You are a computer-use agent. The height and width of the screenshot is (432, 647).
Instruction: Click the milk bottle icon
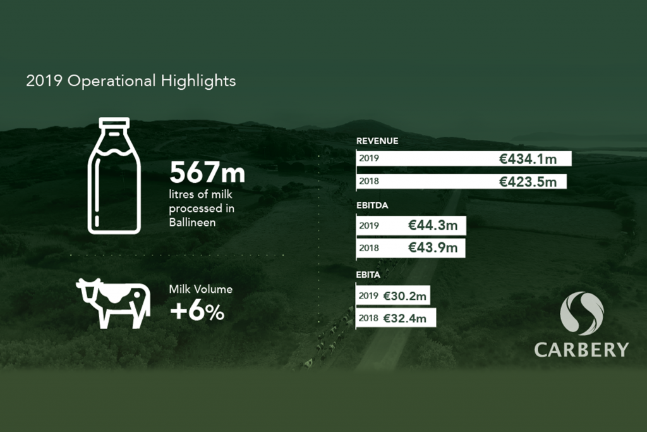click(114, 175)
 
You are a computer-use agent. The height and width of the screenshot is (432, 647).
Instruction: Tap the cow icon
click(113, 302)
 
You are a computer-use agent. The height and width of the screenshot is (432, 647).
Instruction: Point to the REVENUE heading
click(377, 141)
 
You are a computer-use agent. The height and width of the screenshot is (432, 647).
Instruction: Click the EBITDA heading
click(372, 206)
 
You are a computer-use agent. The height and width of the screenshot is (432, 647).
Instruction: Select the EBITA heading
click(368, 275)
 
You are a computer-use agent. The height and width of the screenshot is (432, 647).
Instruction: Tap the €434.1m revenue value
click(528, 159)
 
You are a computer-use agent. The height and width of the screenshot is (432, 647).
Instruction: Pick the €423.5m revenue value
click(528, 182)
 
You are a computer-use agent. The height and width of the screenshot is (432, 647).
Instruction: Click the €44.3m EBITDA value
click(433, 225)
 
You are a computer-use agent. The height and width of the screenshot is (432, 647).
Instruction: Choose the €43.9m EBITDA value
click(433, 247)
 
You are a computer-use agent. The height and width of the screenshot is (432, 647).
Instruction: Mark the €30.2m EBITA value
click(404, 295)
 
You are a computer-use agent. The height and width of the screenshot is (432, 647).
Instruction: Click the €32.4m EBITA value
click(404, 318)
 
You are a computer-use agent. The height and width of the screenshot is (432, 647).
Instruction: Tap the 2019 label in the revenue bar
click(369, 159)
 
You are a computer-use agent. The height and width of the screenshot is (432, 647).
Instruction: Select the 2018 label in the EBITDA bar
click(369, 248)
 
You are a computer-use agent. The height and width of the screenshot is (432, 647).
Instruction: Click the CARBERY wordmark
click(581, 349)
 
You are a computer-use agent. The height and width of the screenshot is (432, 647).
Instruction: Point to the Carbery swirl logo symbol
click(581, 312)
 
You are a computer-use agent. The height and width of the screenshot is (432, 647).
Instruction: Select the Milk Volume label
click(200, 290)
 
